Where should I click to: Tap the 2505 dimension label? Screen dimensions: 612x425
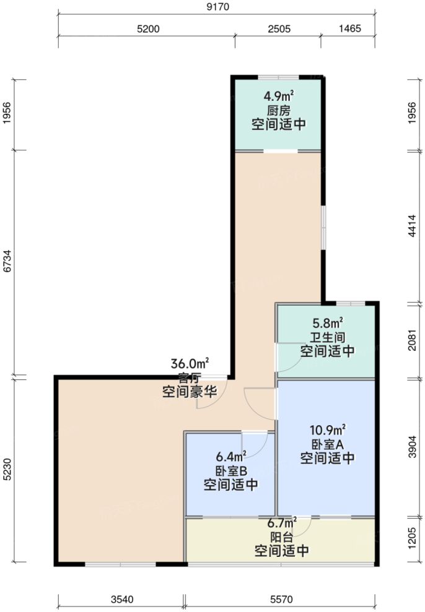point(279,29)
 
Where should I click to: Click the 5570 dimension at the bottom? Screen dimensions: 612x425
point(280,600)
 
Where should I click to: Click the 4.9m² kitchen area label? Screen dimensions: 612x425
point(278,97)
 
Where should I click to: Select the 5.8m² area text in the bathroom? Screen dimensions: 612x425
point(328,323)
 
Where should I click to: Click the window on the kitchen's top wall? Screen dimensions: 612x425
point(278,77)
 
